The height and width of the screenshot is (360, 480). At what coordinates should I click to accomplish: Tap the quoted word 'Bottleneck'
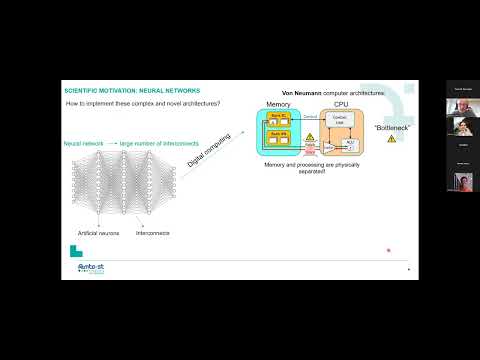(392, 128)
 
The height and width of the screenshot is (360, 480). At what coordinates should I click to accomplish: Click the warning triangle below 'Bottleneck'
(392, 139)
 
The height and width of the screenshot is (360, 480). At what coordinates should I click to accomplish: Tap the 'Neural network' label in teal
(84, 144)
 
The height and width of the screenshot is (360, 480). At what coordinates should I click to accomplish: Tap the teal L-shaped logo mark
(76, 251)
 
